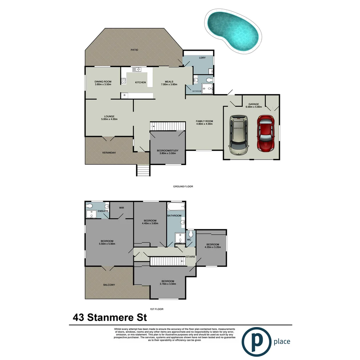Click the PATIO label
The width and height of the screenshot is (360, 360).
[x=134, y=50]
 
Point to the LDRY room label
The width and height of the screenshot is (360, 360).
[x=202, y=58]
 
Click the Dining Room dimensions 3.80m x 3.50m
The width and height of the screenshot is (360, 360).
[x=103, y=85]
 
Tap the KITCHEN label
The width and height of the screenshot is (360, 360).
[x=140, y=82]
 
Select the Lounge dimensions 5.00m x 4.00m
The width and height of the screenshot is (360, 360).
[x=109, y=119]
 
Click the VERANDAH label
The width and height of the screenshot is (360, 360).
[x=109, y=153]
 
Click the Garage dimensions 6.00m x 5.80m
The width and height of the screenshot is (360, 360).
[x=254, y=107]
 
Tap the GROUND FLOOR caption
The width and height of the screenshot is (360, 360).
[x=183, y=187]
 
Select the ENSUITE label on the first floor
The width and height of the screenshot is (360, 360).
[x=94, y=211]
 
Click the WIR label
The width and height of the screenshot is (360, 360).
[x=121, y=207]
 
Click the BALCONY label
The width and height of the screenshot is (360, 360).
[x=109, y=285]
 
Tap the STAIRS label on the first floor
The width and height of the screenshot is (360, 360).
[x=190, y=257]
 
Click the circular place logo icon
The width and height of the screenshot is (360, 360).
[x=256, y=341]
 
